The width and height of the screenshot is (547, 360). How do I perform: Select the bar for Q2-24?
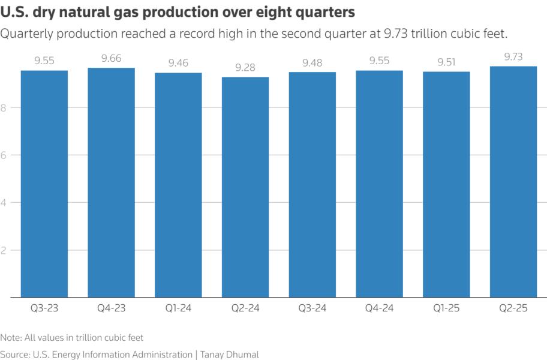click(x=245, y=187)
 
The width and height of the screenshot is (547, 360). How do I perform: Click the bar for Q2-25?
click(x=513, y=182)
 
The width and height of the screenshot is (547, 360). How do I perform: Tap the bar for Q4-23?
click(x=111, y=182)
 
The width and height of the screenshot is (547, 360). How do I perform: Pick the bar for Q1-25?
click(x=446, y=184)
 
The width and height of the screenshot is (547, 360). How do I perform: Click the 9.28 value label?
click(x=245, y=68)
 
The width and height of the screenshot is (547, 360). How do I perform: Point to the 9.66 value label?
click(x=111, y=58)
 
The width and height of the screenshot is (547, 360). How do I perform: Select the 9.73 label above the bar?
click(x=513, y=56)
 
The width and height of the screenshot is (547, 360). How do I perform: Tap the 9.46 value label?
click(x=178, y=63)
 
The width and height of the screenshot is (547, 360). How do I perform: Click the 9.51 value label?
click(x=446, y=62)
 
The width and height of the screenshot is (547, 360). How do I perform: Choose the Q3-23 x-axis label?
click(x=44, y=309)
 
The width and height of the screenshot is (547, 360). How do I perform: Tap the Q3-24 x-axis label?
click(x=312, y=309)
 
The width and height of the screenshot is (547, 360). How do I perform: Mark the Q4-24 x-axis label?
click(x=379, y=309)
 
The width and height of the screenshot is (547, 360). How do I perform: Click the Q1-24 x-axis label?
click(x=178, y=309)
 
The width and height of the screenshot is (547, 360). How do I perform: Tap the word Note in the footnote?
click(x=10, y=338)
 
